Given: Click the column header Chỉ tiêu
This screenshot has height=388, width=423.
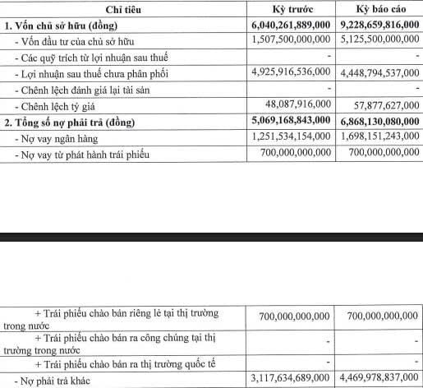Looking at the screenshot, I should pyautogui.click(x=121, y=9).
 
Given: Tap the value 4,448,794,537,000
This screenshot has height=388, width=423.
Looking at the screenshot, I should pyautogui.click(x=378, y=72).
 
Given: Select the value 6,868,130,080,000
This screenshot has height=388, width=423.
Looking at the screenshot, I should pyautogui.click(x=378, y=122).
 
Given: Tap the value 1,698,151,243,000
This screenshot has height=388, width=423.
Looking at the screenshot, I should pyautogui.click(x=378, y=137).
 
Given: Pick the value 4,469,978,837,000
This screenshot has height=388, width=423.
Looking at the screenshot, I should pyautogui.click(x=378, y=380).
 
